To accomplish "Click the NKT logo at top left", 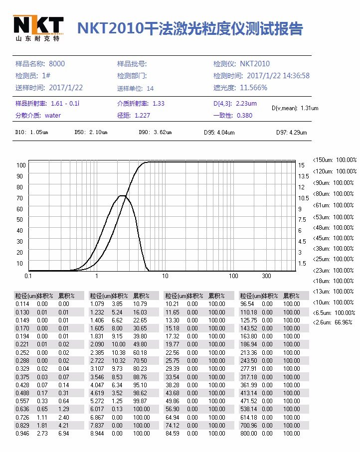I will point(38,28).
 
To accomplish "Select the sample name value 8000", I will point(57,64).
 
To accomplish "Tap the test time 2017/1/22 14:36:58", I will point(278,76).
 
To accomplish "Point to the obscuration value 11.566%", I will point(253,88).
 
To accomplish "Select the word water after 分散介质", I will point(52,115).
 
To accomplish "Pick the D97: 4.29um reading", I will point(292,133).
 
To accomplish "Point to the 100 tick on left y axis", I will point(21,165).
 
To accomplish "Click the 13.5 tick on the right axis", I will point(304,176).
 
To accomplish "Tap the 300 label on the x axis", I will point(266,276).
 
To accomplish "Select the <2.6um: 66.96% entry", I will point(333,322).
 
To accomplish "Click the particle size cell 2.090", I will point(97,344).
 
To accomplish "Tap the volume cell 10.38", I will point(118,352).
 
